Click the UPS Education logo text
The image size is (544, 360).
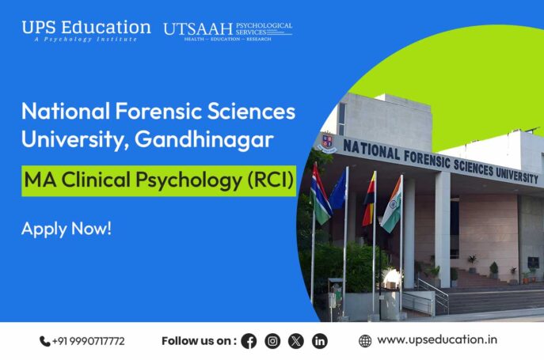(86, 27)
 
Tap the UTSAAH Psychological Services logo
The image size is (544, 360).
(227, 30)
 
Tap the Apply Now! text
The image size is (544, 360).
(67, 229)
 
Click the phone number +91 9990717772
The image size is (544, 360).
(88, 341)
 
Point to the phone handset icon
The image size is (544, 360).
(44, 341)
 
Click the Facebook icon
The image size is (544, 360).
(249, 341)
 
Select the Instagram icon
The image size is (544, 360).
(272, 341)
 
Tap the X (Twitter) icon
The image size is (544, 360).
(296, 341)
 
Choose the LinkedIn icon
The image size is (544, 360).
(319, 341)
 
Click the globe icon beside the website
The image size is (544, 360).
(365, 341)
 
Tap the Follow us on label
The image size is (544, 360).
(198, 341)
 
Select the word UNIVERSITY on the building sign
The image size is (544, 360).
(507, 172)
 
